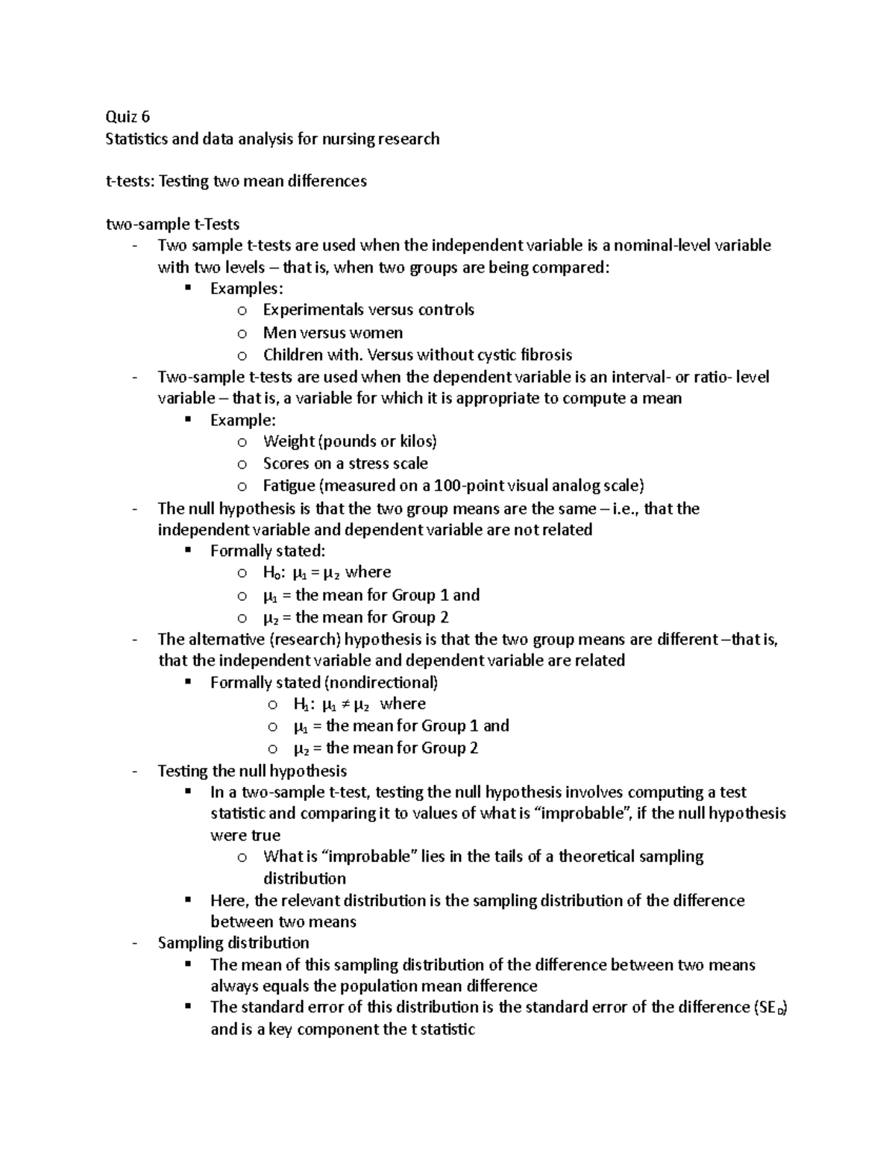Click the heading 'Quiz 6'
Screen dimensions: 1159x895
[128, 116]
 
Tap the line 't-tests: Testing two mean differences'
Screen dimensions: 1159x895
[236, 181]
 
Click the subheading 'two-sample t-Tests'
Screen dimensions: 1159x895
[172, 224]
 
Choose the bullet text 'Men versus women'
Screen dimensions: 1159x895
[333, 332]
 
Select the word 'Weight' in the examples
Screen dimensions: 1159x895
[289, 441]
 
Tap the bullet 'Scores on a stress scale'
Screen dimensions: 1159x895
[345, 463]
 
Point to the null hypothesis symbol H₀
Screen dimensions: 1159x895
[271, 573]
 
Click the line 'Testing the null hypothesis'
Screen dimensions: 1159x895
[252, 771]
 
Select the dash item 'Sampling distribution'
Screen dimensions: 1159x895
[233, 943]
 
